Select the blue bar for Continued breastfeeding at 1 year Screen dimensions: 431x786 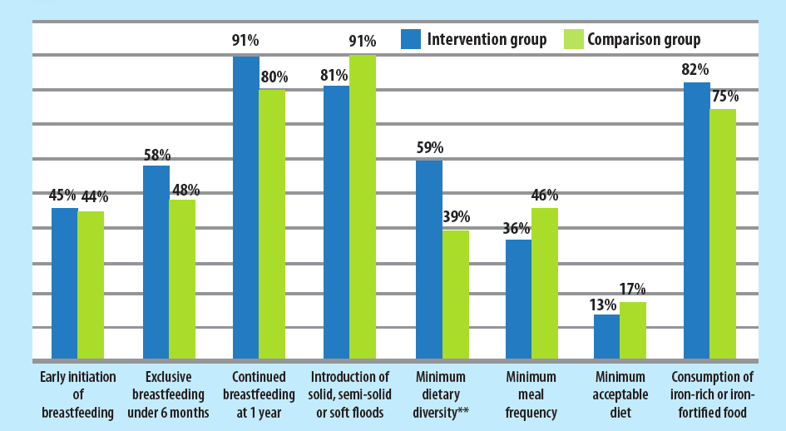[245, 208]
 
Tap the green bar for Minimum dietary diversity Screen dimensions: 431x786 [456, 295]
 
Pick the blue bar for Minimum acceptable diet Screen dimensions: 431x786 [606, 337]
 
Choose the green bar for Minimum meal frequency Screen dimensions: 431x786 [545, 284]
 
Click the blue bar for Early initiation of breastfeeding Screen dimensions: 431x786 [64, 284]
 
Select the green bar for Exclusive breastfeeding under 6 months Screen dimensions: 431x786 [182, 280]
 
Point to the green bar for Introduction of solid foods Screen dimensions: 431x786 [363, 207]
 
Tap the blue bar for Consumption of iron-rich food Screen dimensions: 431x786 [696, 220]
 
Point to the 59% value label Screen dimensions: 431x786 [429, 149]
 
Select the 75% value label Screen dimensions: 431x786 [723, 97]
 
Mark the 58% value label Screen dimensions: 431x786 [156, 155]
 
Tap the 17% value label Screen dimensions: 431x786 [632, 290]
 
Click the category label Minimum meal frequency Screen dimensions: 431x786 [531, 394]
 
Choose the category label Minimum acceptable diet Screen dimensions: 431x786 [620, 394]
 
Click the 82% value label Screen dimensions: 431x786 [695, 70]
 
